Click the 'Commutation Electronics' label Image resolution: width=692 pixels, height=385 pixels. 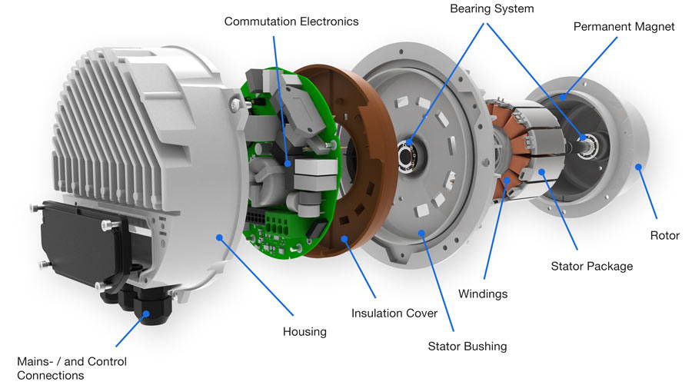click(291, 22)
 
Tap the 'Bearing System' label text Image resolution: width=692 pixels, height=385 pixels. click(491, 9)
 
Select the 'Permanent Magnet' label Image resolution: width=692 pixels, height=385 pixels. click(624, 27)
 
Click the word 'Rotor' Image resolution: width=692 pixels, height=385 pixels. click(664, 236)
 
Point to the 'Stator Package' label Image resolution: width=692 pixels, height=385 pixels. click(592, 267)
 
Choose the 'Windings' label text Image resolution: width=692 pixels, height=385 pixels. click(483, 294)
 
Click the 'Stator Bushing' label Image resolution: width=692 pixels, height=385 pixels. click(467, 347)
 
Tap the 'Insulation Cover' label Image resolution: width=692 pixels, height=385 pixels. click(394, 314)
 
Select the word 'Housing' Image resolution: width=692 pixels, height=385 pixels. click(304, 332)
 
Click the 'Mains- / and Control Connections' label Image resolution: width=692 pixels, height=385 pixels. click(72, 368)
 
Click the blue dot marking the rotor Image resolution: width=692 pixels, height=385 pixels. click(637, 165)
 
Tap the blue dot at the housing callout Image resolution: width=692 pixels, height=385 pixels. click(221, 238)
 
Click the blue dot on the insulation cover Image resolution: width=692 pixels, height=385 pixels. click(344, 239)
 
